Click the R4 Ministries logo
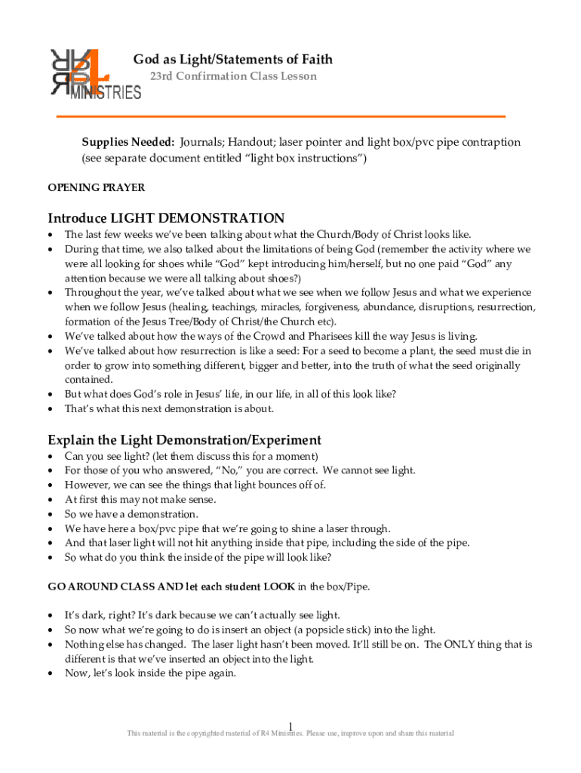click(94, 74)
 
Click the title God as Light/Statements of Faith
click(232, 59)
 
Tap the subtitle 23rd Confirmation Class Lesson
click(232, 76)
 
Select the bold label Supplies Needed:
click(128, 142)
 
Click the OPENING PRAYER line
click(96, 187)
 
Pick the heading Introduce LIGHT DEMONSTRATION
click(166, 217)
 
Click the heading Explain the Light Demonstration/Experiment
click(184, 439)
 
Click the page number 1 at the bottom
click(290, 725)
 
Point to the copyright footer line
click(290, 734)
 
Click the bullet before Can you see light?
click(51, 457)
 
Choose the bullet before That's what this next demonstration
click(51, 409)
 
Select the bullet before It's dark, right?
click(51, 616)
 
